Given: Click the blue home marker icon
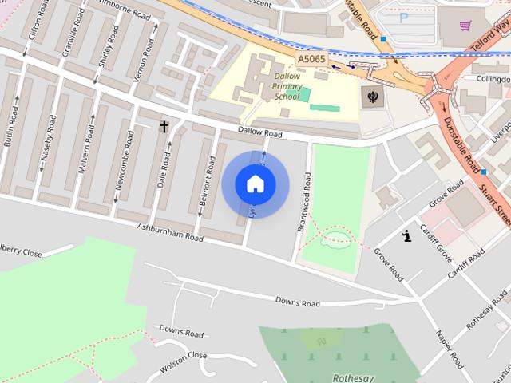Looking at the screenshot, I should coord(255,184).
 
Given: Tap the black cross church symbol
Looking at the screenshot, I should coord(164,126).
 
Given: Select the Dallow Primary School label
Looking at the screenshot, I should coord(287,86).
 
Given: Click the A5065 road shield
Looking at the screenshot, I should coord(311,59).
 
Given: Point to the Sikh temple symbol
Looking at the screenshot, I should coord(372,97).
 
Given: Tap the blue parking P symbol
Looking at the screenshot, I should coord(403,16).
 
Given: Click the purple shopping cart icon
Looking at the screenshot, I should coord(465,25).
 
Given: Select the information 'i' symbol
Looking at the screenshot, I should coord(407,235).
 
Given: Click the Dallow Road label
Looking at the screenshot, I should coord(259,133).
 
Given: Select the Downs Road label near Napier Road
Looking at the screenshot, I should coord(297,302).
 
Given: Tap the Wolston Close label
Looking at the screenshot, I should coord(185,355).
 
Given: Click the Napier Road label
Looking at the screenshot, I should coord(449,347).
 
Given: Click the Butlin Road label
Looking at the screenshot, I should coord(11,126).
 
